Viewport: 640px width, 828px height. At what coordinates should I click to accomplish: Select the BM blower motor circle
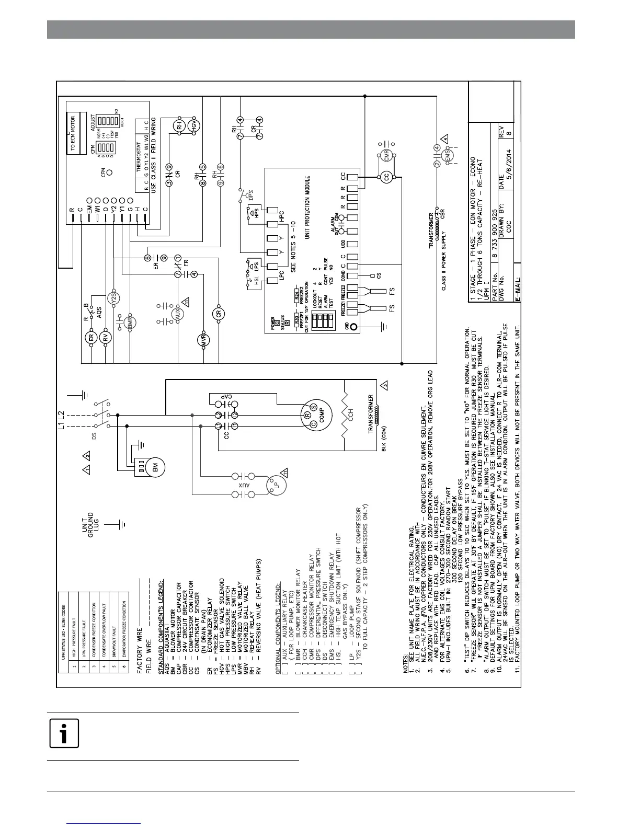(x=155, y=469)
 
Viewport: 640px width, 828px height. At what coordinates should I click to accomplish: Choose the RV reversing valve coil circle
(x=106, y=338)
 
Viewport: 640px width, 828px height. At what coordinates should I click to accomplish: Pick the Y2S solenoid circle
(x=114, y=298)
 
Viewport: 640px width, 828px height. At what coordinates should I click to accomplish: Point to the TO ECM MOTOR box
(x=73, y=134)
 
